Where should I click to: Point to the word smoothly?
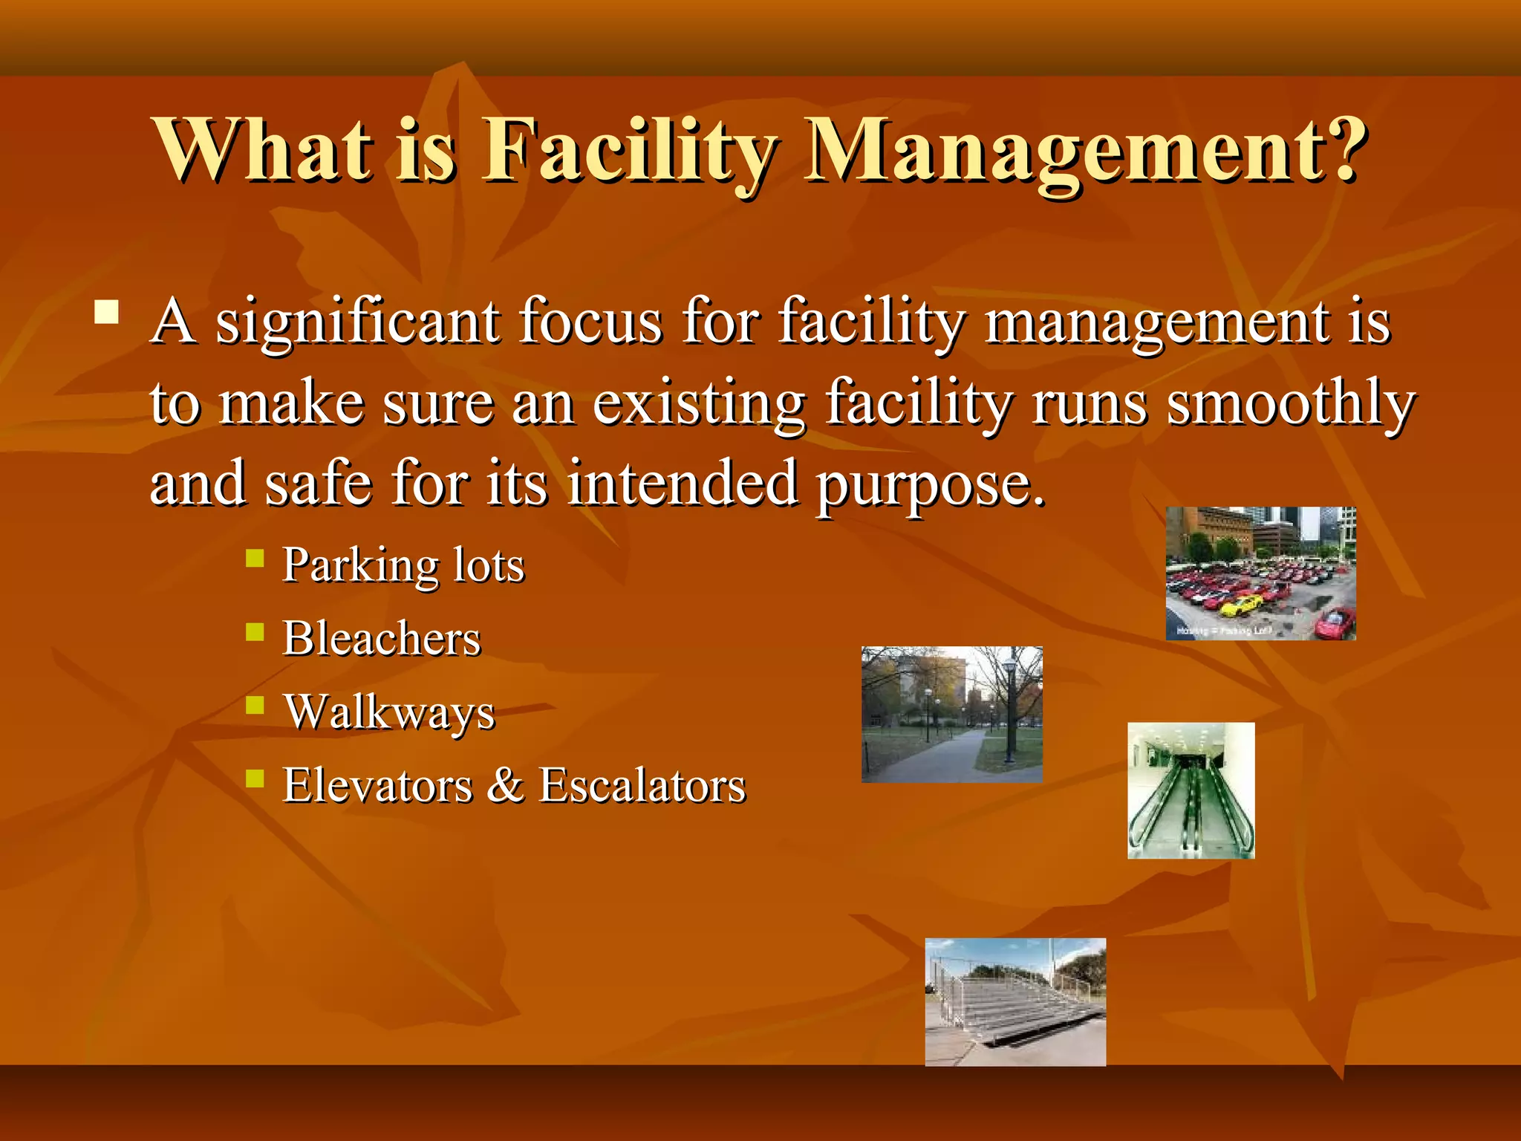click(1291, 403)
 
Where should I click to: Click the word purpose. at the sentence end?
click(931, 484)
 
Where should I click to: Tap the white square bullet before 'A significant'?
click(107, 312)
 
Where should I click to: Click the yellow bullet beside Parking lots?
click(255, 558)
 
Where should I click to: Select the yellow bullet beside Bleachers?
click(255, 631)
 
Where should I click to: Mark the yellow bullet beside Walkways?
click(255, 704)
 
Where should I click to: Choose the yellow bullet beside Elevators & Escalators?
click(255, 778)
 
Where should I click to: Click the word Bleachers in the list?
click(382, 638)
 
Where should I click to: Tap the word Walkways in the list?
click(389, 712)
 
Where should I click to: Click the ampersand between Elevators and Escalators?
click(505, 785)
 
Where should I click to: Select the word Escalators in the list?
click(642, 785)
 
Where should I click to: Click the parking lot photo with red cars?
click(1260, 573)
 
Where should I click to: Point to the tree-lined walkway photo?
click(951, 714)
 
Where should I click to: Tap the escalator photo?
click(1191, 790)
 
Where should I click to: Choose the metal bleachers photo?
click(1014, 1001)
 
